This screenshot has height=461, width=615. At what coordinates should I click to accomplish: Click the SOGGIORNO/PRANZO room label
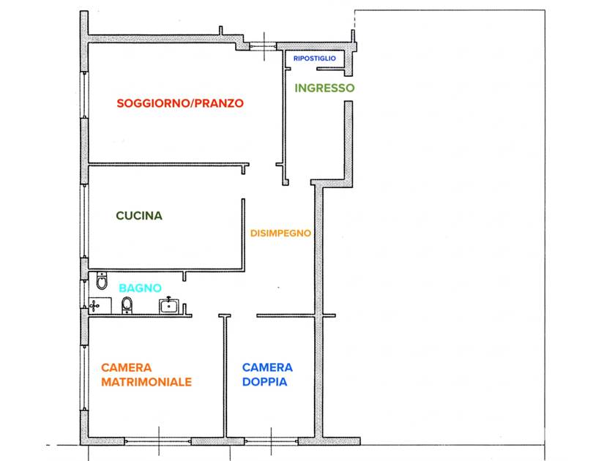(x=180, y=103)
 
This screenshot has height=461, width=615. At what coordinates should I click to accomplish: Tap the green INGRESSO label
(x=324, y=88)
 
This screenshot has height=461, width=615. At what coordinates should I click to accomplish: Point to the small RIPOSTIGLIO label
(x=314, y=58)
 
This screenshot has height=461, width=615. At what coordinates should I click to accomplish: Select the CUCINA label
(x=139, y=216)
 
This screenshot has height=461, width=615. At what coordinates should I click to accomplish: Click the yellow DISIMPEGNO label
(x=280, y=233)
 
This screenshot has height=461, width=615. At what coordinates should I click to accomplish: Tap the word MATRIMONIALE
(x=146, y=382)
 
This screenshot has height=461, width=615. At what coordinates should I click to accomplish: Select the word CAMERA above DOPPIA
(x=267, y=367)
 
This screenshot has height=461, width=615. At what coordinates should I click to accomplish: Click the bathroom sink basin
(x=169, y=304)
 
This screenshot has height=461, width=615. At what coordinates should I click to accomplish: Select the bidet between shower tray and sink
(x=126, y=304)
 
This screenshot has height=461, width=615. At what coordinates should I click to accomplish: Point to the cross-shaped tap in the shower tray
(x=94, y=306)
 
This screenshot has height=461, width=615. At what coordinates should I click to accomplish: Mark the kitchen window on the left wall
(x=84, y=220)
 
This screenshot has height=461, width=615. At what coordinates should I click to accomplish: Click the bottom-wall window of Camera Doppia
(x=271, y=441)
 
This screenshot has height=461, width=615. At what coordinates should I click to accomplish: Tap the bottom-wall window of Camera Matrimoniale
(x=158, y=441)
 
